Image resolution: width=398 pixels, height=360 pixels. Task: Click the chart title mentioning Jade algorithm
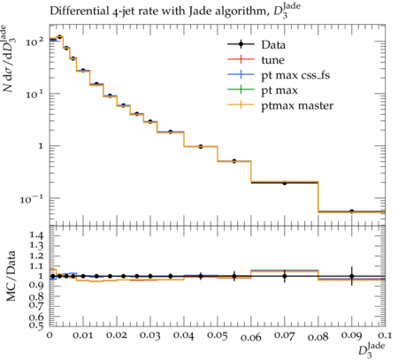click(x=175, y=11)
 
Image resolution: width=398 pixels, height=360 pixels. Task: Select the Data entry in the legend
click(x=273, y=45)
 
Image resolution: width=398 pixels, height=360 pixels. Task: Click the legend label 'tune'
click(x=272, y=60)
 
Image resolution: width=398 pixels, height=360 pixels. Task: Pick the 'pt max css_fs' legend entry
click(x=295, y=75)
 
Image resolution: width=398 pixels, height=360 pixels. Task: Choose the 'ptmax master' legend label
click(x=297, y=106)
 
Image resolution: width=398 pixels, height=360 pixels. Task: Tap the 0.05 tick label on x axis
click(x=218, y=336)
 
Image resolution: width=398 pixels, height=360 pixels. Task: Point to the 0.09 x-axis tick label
click(x=352, y=336)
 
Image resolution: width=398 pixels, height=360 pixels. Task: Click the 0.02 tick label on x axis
click(x=117, y=336)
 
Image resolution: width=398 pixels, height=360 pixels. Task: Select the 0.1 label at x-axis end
click(x=385, y=336)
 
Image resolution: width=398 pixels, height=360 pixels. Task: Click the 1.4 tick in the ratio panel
click(x=36, y=235)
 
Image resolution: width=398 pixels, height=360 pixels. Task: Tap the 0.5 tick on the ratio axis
click(x=36, y=325)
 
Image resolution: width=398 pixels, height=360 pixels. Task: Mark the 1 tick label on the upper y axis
click(x=41, y=146)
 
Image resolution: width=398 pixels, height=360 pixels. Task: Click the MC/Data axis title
click(x=11, y=276)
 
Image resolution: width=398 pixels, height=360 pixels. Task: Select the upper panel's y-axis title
click(x=9, y=58)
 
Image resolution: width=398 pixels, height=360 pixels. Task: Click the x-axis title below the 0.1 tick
click(x=371, y=349)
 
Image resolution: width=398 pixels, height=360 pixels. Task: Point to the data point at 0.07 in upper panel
click(x=285, y=183)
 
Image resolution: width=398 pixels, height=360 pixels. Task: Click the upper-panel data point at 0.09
click(x=352, y=211)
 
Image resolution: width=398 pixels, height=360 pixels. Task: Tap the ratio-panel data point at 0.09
click(x=352, y=276)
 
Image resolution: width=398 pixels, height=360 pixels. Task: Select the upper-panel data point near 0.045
click(x=201, y=147)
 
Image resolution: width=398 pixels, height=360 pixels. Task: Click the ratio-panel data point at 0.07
click(x=285, y=276)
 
